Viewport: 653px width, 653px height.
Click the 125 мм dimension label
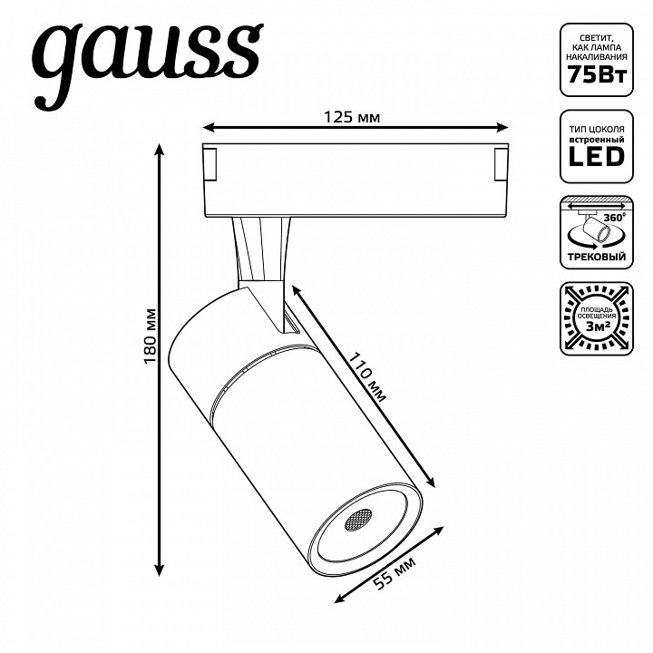[351, 117]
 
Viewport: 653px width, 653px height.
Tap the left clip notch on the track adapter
[209, 163]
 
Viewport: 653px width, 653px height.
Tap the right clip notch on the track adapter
[499, 163]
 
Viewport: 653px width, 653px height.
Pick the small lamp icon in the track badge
[591, 229]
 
